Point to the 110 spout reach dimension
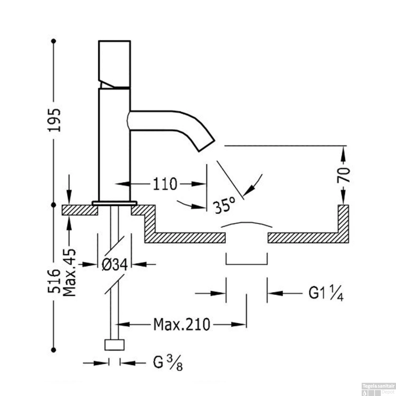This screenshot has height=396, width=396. pos(165,184)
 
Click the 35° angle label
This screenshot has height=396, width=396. pos(224,205)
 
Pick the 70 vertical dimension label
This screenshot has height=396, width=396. pos(343,175)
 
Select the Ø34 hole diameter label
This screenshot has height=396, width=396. pos(115,265)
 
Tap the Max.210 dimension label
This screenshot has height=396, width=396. pos(182,324)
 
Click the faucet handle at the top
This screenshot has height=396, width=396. pos(114,63)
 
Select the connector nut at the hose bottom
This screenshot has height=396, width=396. pos(114,345)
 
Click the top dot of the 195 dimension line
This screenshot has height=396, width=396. pos(54,41)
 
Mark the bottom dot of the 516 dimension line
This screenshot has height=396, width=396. pos(54,350)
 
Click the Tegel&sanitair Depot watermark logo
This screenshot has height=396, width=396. pos(379,389)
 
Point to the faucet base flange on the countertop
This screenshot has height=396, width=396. pos(114,203)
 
